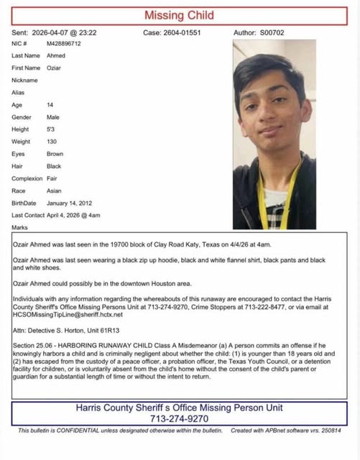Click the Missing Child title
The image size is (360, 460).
tap(179, 15)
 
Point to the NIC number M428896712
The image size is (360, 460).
tap(64, 43)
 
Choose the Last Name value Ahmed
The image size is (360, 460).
tap(55, 55)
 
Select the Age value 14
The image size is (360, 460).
tap(50, 105)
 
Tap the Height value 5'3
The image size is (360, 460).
tap(51, 129)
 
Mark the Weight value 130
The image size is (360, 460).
tap(52, 142)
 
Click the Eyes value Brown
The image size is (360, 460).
tap(55, 154)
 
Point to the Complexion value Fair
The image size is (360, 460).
tap(52, 179)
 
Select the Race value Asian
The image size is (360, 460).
tap(54, 191)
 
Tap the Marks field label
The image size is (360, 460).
tap(20, 228)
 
